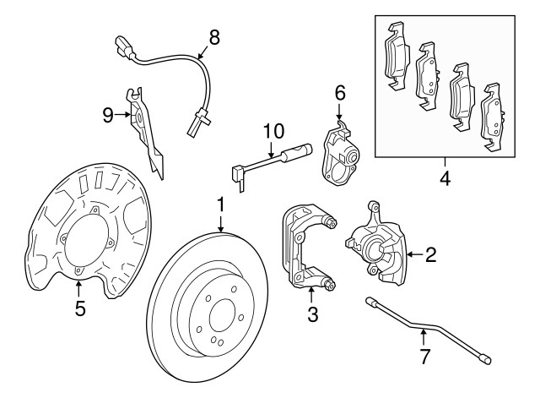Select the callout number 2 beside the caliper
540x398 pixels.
[x=429, y=254]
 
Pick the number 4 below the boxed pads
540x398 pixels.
[x=444, y=178]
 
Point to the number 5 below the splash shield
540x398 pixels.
[x=79, y=308]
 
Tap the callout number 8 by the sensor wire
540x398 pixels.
[x=213, y=36]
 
